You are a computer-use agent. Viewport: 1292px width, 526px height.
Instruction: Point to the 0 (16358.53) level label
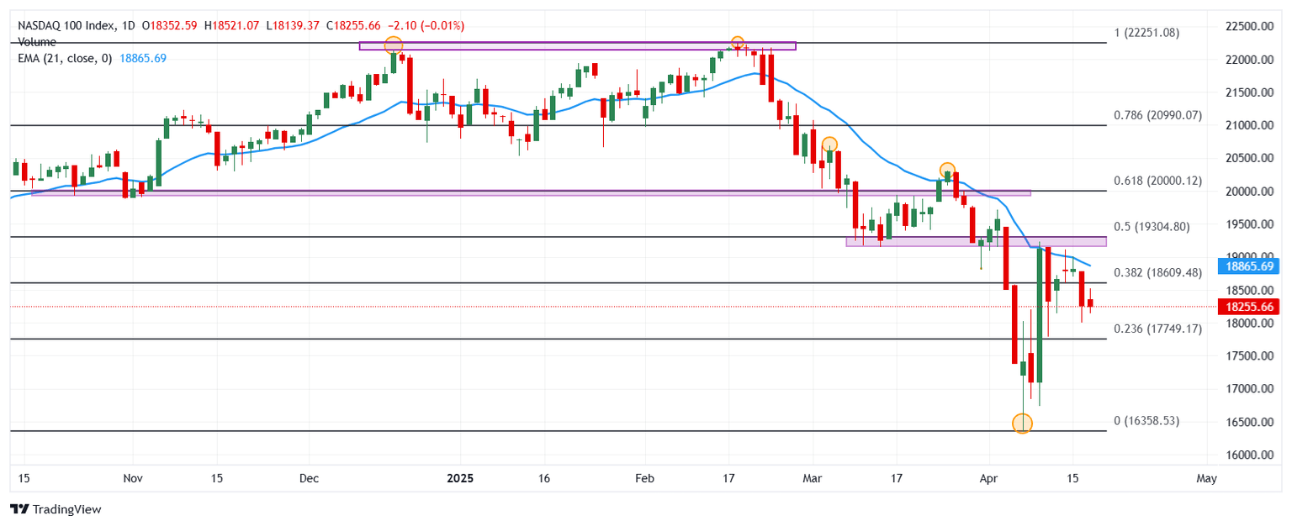tap(1146, 421)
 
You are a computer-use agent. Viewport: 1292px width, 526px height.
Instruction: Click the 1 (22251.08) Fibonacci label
tap(1146, 33)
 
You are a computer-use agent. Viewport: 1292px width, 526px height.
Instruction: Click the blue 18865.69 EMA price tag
tap(1250, 266)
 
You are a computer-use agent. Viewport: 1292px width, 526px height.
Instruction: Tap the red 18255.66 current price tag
tap(1250, 308)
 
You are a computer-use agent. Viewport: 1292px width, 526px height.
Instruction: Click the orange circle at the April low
tap(1022, 423)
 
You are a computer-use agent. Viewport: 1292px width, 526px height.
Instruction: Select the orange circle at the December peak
tap(393, 45)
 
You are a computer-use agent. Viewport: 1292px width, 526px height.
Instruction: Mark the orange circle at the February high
tap(737, 43)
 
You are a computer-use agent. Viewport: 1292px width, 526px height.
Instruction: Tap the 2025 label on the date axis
tap(460, 479)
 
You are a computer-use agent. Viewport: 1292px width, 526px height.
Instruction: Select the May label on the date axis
tap(1207, 479)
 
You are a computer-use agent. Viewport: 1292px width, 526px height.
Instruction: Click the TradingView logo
tap(56, 509)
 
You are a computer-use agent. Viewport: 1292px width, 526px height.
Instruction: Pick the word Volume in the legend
tap(37, 42)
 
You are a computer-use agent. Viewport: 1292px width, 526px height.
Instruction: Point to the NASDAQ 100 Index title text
tap(66, 26)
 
